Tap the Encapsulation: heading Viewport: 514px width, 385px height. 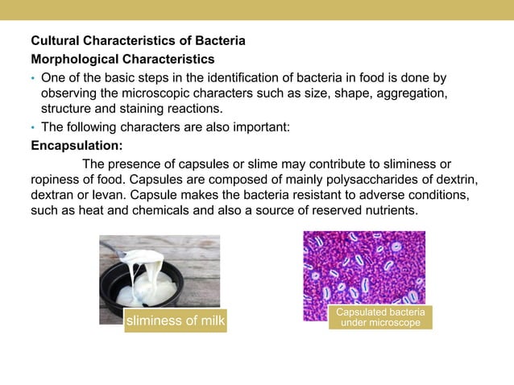tap(77, 146)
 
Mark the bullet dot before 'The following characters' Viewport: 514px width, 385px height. tap(33, 127)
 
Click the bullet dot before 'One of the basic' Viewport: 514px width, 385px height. tap(33, 78)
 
